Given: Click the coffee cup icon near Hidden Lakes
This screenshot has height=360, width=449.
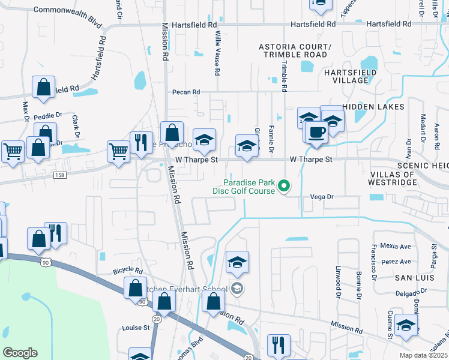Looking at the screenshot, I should click(317, 133).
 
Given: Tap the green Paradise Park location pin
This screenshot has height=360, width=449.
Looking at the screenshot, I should click(286, 187).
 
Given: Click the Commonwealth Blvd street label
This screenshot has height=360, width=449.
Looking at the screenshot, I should click(68, 10).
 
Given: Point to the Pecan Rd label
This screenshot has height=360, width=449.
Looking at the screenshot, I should click(185, 92).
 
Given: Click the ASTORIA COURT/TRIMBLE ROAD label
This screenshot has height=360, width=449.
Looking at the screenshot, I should click(294, 50).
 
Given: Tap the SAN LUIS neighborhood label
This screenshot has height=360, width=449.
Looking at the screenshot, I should click(411, 278).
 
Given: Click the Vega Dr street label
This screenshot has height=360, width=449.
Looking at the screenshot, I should click(321, 196).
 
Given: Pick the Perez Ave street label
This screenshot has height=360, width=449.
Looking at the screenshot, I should click(396, 262).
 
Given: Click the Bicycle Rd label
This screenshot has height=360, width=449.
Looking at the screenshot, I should click(127, 271).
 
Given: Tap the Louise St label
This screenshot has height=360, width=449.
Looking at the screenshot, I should click(136, 328).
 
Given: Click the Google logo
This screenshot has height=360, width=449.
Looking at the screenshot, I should click(20, 352).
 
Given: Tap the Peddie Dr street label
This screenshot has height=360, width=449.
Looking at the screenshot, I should click(49, 115).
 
